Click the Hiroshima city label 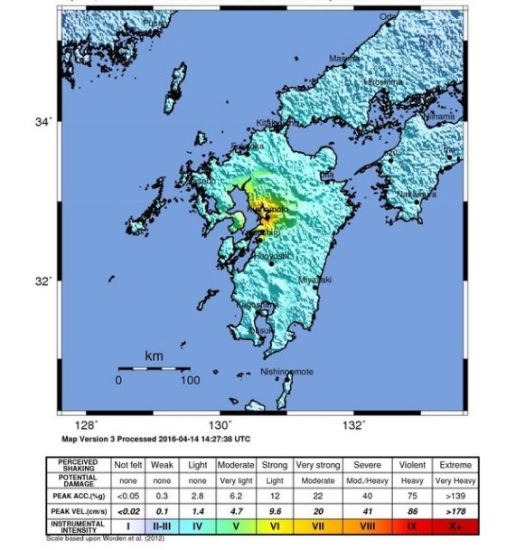click(382, 81)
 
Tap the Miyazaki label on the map click(314, 280)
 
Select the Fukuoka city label click(247, 146)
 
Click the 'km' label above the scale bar click(154, 356)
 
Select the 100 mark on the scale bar click(188, 381)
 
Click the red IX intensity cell click(411, 525)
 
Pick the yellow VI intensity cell click(275, 525)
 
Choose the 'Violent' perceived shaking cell click(411, 464)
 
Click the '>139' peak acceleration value click(456, 495)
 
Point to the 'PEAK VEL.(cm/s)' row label click(78, 509)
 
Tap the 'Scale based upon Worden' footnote click(111, 538)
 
